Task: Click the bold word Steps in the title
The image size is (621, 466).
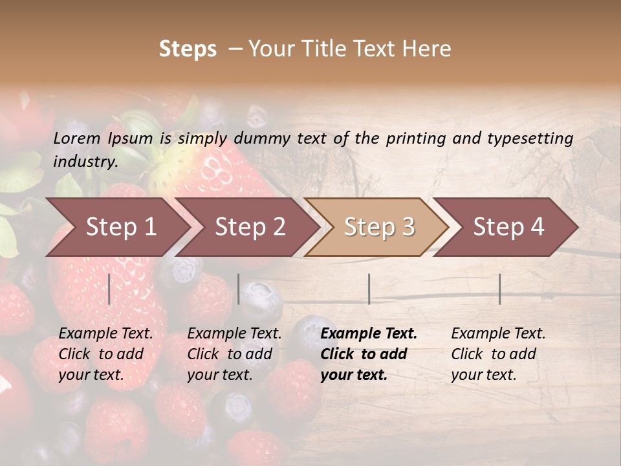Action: (x=188, y=49)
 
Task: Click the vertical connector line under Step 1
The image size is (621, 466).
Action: (x=109, y=289)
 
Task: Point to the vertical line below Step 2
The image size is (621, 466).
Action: (x=239, y=289)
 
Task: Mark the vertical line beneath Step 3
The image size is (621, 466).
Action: (x=369, y=289)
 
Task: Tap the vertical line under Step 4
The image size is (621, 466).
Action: (x=499, y=289)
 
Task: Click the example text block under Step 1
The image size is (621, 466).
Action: (x=105, y=354)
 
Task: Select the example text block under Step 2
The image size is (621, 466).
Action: (x=234, y=354)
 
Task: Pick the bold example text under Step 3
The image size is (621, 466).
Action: (x=369, y=354)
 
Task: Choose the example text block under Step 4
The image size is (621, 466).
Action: (x=498, y=354)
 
